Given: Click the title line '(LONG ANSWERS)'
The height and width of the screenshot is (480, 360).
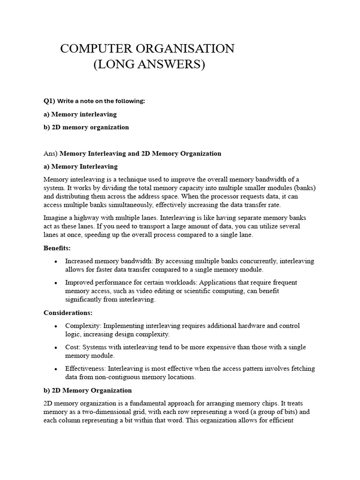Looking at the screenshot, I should click(150, 64).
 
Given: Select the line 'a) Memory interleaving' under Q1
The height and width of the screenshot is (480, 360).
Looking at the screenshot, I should click(80, 114).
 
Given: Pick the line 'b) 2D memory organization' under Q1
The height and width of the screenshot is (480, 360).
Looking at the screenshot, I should click(86, 127).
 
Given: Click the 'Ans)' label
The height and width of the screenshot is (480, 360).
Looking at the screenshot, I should click(51, 153).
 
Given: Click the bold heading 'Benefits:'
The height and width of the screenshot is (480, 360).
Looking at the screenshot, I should click(57, 247).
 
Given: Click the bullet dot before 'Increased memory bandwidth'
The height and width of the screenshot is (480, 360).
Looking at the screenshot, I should click(56, 261).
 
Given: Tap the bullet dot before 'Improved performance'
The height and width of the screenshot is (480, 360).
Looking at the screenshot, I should click(56, 283).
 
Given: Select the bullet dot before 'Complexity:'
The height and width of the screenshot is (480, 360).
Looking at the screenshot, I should click(56, 326).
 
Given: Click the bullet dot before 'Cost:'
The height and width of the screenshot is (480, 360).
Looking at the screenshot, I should click(56, 347).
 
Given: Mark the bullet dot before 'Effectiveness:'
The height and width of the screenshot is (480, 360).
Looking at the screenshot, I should click(56, 369).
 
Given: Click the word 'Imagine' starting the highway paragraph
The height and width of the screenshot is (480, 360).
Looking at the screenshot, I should click(56, 217).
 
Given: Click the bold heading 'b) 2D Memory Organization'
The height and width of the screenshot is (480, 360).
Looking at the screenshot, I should click(88, 390).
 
